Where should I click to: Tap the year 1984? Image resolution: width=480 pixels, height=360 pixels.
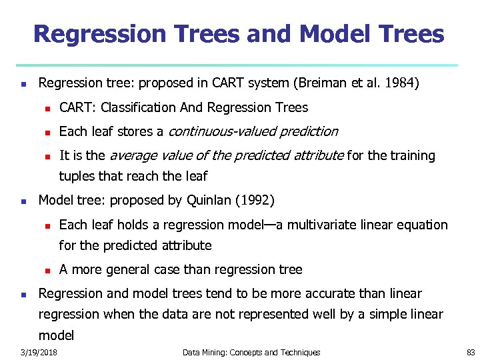[x=401, y=83]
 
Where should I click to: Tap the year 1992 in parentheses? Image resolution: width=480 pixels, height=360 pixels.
[x=255, y=200]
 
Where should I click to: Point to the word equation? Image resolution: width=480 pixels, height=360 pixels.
[x=423, y=225]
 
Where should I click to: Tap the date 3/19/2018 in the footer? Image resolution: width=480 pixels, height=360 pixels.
[x=39, y=352]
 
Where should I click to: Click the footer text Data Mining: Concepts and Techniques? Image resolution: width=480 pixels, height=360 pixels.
[x=251, y=352]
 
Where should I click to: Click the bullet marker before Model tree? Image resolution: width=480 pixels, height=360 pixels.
[x=23, y=201]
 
